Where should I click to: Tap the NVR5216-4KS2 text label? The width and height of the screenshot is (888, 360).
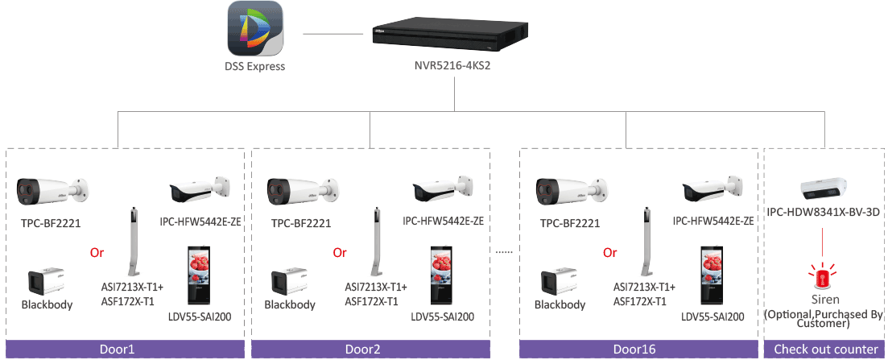[452, 67]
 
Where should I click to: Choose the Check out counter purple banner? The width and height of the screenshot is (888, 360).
[825, 349]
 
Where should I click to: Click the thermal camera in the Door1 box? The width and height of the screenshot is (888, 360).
[52, 191]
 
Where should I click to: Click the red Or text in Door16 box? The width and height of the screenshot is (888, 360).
[609, 252]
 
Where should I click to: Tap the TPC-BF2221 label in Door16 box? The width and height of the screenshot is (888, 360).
[570, 223]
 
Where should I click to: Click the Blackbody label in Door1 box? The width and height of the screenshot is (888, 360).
[47, 304]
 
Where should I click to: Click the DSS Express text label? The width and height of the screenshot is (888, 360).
[255, 67]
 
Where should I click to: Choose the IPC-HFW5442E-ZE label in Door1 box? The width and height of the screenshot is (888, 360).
[200, 221]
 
